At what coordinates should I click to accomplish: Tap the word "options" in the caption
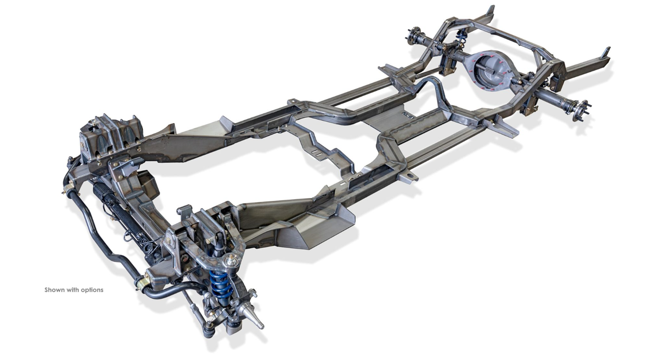pyautogui.click(x=92, y=290)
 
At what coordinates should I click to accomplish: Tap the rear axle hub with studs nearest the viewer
pyautogui.click(x=580, y=111)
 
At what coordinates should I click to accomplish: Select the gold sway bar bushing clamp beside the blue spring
pyautogui.click(x=144, y=281)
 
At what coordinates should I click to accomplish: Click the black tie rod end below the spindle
pyautogui.click(x=208, y=331)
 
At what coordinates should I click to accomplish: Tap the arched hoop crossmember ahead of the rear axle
pyautogui.click(x=430, y=87)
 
